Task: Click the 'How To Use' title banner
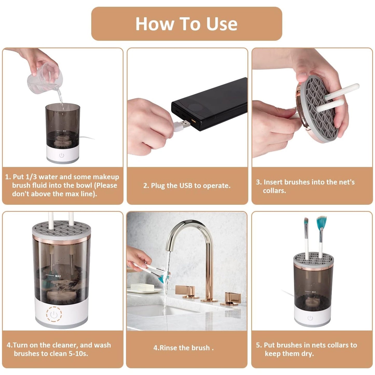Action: [x=186, y=24]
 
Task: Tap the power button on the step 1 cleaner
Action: [x=62, y=155]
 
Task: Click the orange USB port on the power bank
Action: [x=194, y=121]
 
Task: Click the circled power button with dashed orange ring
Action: [x=54, y=315]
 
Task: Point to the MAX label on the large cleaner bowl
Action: [x=58, y=276]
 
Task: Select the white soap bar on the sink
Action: [x=142, y=287]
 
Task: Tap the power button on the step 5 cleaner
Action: [x=310, y=318]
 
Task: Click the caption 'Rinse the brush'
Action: [x=183, y=348]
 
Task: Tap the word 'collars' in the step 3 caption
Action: [x=274, y=191]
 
